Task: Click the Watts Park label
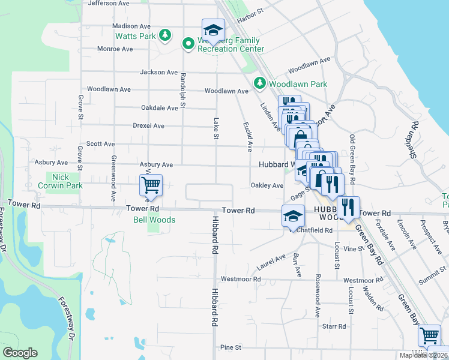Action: pyautogui.click(x=136, y=36)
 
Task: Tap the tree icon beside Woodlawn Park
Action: pyautogui.click(x=261, y=83)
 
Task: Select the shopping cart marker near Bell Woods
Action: pyautogui.click(x=151, y=185)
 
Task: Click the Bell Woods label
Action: pyautogui.click(x=154, y=220)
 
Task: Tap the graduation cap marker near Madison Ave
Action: pyautogui.click(x=212, y=29)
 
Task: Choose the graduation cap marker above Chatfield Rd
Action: pyautogui.click(x=292, y=216)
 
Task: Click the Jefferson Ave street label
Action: pyautogui.click(x=109, y=3)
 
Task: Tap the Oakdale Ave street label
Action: pyautogui.click(x=160, y=108)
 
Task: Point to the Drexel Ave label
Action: pyautogui.click(x=149, y=126)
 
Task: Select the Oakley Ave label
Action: pyautogui.click(x=267, y=186)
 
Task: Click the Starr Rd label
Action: pyautogui.click(x=334, y=326)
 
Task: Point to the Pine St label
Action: pyautogui.click(x=231, y=347)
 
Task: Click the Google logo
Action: pyautogui.click(x=20, y=353)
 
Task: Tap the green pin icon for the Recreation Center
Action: pyautogui.click(x=187, y=43)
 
